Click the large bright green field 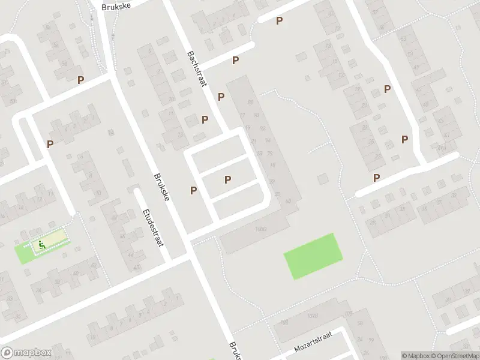(313, 256)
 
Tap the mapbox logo (26, 352)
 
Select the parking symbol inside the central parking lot (227, 179)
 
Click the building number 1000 (260, 229)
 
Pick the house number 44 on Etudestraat (130, 254)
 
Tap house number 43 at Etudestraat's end (137, 267)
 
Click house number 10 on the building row (98, 193)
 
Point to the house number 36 (424, 209)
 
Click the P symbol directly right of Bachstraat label (236, 61)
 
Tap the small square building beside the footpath (323, 179)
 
